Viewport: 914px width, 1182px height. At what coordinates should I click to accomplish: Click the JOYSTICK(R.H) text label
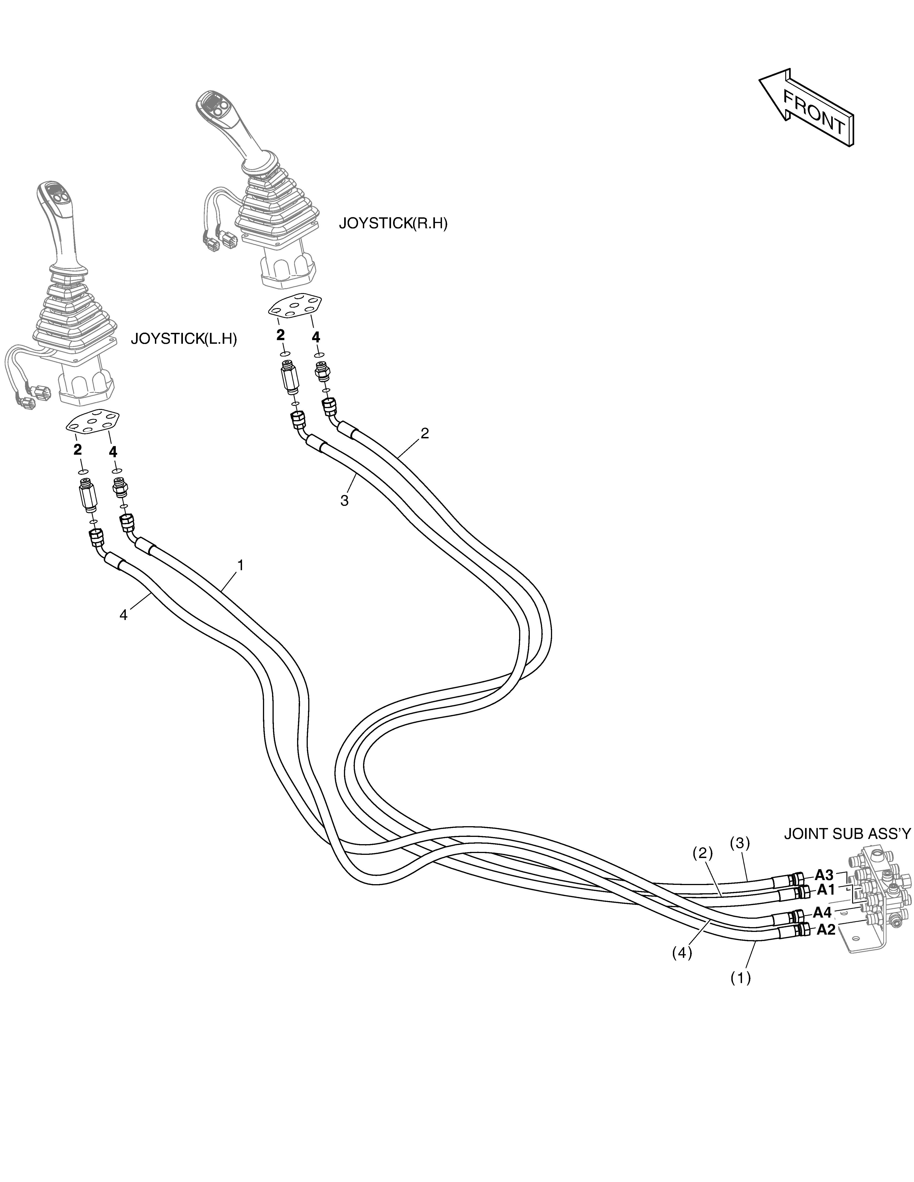[393, 224]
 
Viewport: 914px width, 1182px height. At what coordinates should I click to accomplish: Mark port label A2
[826, 930]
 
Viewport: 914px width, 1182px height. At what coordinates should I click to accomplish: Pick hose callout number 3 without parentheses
[344, 501]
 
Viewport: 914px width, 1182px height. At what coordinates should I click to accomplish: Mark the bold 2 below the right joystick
[280, 335]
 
